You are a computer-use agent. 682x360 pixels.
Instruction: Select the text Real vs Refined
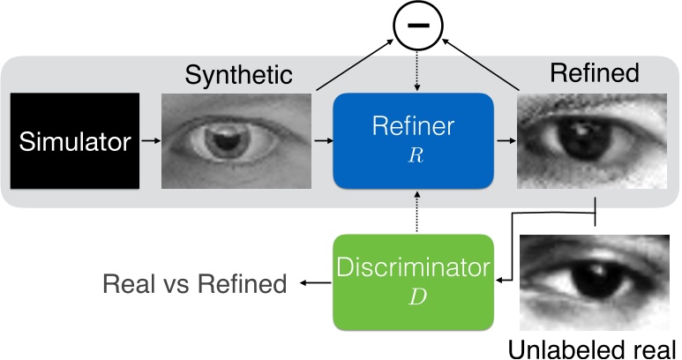pyautogui.click(x=195, y=283)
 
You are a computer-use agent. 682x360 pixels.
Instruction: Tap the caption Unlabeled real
pyautogui.click(x=597, y=345)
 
